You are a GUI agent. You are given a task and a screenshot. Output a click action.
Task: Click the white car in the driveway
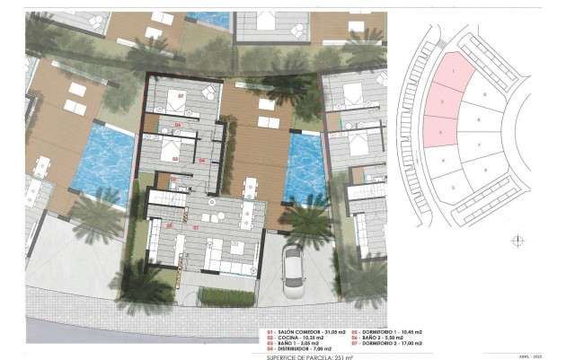click(295, 271)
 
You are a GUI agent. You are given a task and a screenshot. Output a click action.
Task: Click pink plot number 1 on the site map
click(453, 70)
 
